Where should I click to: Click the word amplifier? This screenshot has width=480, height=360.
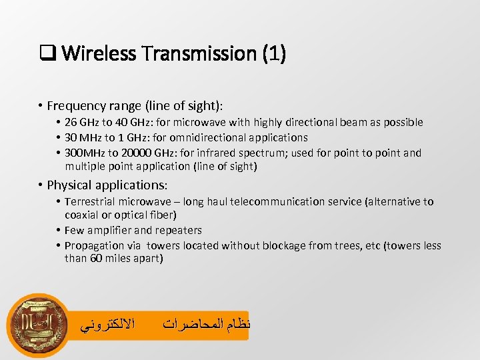tap(111, 230)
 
